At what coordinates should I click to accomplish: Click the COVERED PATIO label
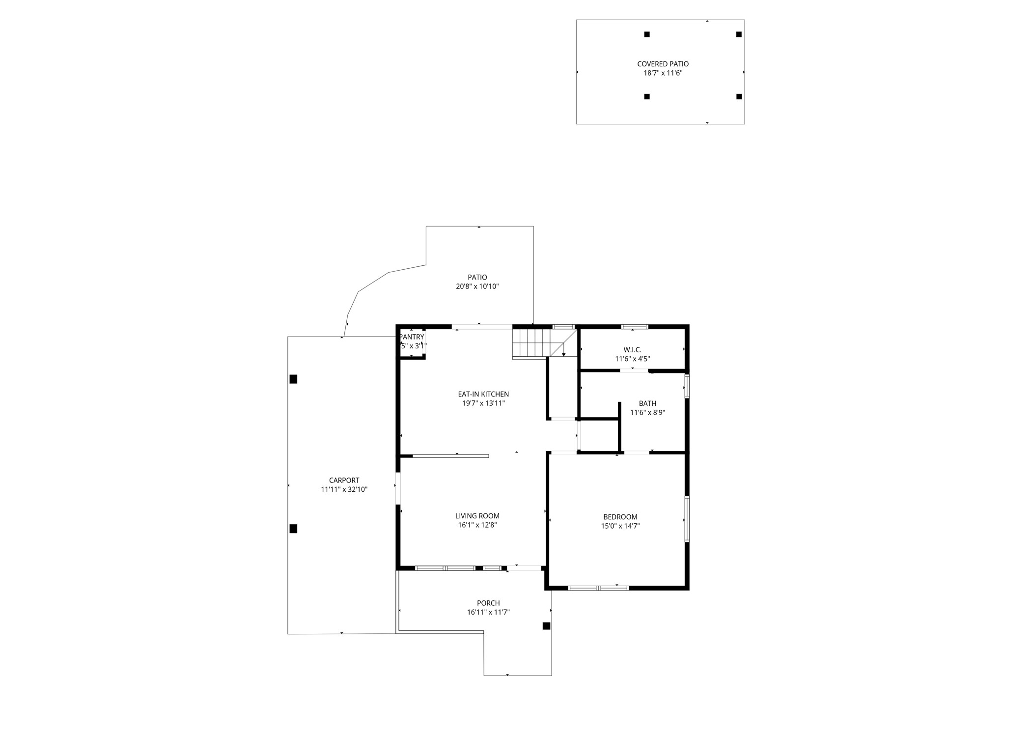(x=663, y=64)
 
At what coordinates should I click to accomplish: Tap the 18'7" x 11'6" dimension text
(x=663, y=73)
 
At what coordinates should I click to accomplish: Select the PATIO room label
(x=477, y=278)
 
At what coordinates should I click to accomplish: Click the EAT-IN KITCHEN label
(x=483, y=394)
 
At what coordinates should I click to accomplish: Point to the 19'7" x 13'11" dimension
(x=483, y=403)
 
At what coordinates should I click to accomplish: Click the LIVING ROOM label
(x=477, y=516)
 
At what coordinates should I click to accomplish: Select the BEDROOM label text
(x=620, y=517)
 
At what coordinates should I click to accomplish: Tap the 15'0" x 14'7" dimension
(x=620, y=526)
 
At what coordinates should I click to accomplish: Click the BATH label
(x=647, y=403)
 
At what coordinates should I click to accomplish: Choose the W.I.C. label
(x=632, y=350)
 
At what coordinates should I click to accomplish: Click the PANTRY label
(x=412, y=337)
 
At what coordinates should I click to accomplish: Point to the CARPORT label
(x=344, y=481)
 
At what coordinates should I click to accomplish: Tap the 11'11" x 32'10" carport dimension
(x=344, y=490)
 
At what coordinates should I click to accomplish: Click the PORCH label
(x=488, y=603)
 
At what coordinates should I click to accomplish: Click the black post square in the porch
(x=546, y=626)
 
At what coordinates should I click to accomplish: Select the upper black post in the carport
(x=293, y=379)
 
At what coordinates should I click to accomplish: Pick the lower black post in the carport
(x=293, y=529)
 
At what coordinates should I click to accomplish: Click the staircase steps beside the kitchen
(x=530, y=342)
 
